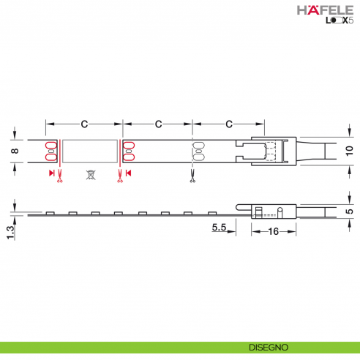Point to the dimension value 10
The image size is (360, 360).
pyautogui.click(x=348, y=151)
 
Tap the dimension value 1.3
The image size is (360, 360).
pyautogui.click(x=10, y=233)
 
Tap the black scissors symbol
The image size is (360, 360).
pyautogui.click(x=192, y=176)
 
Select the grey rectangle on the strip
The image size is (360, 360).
pyautogui.click(x=89, y=151)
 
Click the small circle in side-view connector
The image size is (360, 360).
pyautogui.click(x=280, y=211)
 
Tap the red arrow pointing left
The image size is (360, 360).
pyautogui.click(x=128, y=173)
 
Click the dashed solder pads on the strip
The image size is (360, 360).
pyautogui.click(x=196, y=151)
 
